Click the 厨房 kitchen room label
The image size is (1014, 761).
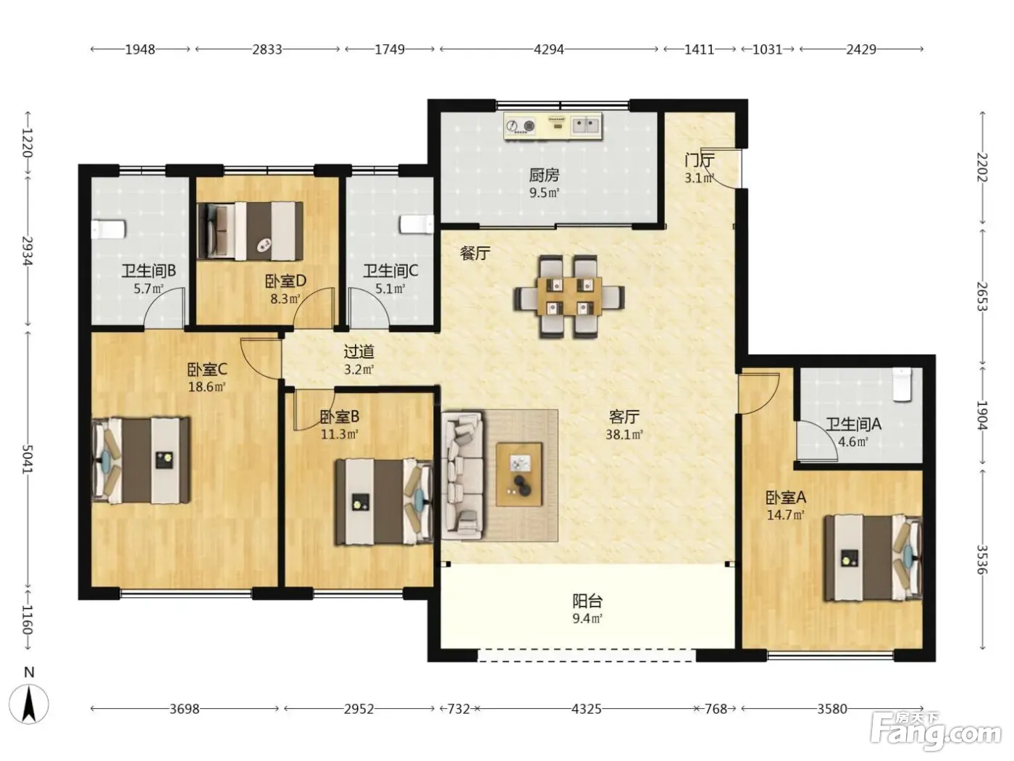[x=544, y=175]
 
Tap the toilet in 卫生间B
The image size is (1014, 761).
[x=108, y=229]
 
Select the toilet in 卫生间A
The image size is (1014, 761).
[x=902, y=383]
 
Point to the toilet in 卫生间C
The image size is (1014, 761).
[x=416, y=225]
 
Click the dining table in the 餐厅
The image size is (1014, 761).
[x=569, y=296]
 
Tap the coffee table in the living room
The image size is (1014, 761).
[x=519, y=475]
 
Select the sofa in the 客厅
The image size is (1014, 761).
[x=462, y=475]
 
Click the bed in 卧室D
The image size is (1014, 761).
[x=251, y=230]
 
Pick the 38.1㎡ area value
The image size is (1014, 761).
[x=624, y=434]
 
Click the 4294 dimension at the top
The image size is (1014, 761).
[x=549, y=49]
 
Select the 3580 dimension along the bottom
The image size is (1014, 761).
[x=832, y=708]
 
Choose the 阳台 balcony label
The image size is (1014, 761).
[x=587, y=601]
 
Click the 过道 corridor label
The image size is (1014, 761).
[x=359, y=352]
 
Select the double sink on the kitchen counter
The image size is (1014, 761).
[x=586, y=125]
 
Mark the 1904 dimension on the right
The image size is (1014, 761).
[x=982, y=415]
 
